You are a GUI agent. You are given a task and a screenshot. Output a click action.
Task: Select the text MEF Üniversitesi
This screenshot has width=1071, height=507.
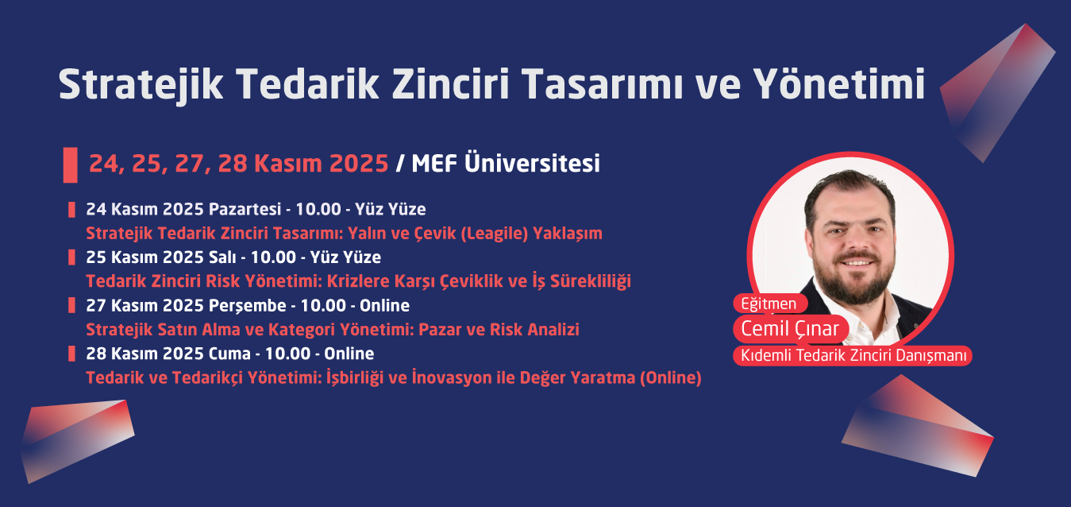505,164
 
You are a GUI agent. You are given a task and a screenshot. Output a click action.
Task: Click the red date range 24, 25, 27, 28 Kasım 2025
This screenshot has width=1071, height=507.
238,164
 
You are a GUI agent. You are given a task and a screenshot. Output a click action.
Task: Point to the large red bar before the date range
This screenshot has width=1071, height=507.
70,164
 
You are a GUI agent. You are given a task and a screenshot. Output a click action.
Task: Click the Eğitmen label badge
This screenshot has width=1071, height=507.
769,304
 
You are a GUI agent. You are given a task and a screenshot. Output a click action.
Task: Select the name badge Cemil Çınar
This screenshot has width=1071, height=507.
790,328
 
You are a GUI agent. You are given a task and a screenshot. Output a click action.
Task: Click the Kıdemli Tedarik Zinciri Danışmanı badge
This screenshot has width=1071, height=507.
852,356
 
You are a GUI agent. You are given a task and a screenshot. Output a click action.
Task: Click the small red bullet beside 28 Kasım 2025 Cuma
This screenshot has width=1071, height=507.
71,354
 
